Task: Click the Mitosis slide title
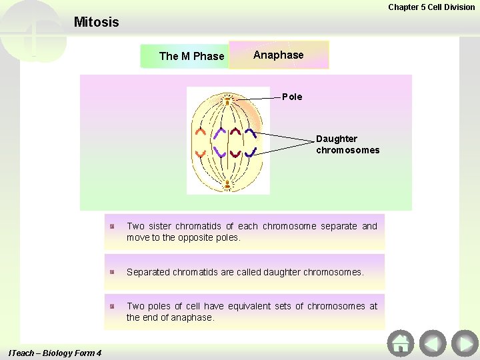click(96, 22)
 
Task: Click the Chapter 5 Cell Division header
click(431, 7)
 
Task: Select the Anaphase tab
click(279, 55)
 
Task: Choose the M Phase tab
click(191, 56)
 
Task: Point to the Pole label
click(292, 97)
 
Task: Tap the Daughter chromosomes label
click(347, 144)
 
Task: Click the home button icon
click(400, 343)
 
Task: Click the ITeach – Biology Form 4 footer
click(53, 353)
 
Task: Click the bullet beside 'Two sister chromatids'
click(114, 227)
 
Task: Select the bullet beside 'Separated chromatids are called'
click(114, 272)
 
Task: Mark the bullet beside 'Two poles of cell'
click(114, 306)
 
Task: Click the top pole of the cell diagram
click(227, 101)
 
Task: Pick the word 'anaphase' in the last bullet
click(192, 317)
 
